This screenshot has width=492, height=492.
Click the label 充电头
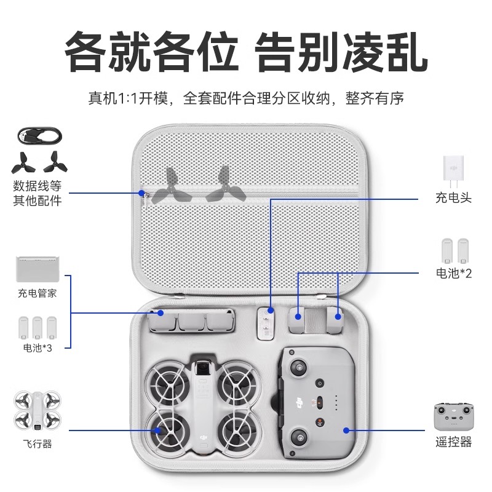coord(453,199)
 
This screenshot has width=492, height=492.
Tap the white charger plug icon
coord(453,172)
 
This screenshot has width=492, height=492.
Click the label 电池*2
coord(454,273)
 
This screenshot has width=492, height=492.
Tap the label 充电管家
coord(37,293)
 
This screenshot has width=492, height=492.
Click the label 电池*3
coord(37,349)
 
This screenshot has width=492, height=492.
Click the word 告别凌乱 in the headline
coord(341,54)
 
